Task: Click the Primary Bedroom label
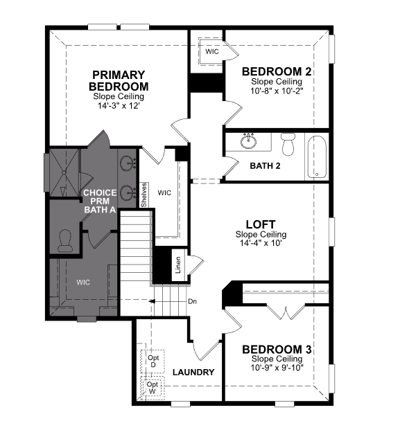coord(119,80)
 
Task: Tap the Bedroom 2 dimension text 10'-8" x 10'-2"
coord(277,91)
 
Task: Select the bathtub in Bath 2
coord(317,157)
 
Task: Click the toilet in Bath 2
coord(288,144)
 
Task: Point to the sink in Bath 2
coord(249,141)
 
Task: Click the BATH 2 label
coord(266,166)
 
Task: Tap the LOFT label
coord(261,224)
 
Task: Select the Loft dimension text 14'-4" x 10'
coord(261,243)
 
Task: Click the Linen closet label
coord(178,265)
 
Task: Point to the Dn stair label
coord(193,301)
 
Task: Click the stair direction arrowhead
coord(151,301)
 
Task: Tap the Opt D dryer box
coord(153,361)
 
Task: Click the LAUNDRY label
coord(193,372)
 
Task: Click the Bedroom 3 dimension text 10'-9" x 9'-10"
coord(277,368)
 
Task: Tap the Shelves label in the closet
coord(144,195)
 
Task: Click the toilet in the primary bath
coord(65,241)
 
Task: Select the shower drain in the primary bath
coord(64,172)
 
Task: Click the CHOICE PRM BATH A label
coord(100,201)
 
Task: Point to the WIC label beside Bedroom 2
coord(212,51)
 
